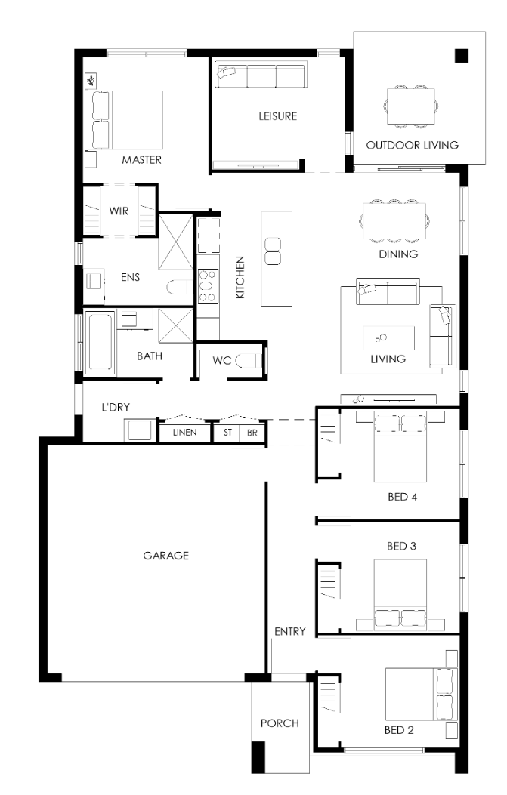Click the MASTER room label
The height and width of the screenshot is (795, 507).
[x=141, y=160]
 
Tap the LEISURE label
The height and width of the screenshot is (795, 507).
[x=277, y=116]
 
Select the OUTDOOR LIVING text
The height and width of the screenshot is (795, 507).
[x=412, y=146]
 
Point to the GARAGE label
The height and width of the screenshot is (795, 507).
[x=165, y=556]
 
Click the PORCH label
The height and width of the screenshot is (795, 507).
[x=280, y=723]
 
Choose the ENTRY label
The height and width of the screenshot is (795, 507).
[x=290, y=632]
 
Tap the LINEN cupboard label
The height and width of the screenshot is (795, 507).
[x=184, y=433]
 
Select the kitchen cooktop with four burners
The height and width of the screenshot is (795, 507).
[x=208, y=286]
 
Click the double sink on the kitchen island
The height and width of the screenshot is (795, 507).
[x=273, y=251]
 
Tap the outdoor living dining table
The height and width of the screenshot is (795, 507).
[x=410, y=106]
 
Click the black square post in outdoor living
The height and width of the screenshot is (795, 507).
[x=461, y=55]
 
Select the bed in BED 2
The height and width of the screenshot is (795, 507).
[x=422, y=694]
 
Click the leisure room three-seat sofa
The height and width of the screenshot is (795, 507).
[x=261, y=75]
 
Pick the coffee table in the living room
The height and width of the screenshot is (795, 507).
[x=388, y=338]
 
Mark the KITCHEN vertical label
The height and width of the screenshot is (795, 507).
[x=240, y=277]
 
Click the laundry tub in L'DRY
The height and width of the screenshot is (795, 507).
[x=140, y=430]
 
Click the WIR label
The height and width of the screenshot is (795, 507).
[x=119, y=211]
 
